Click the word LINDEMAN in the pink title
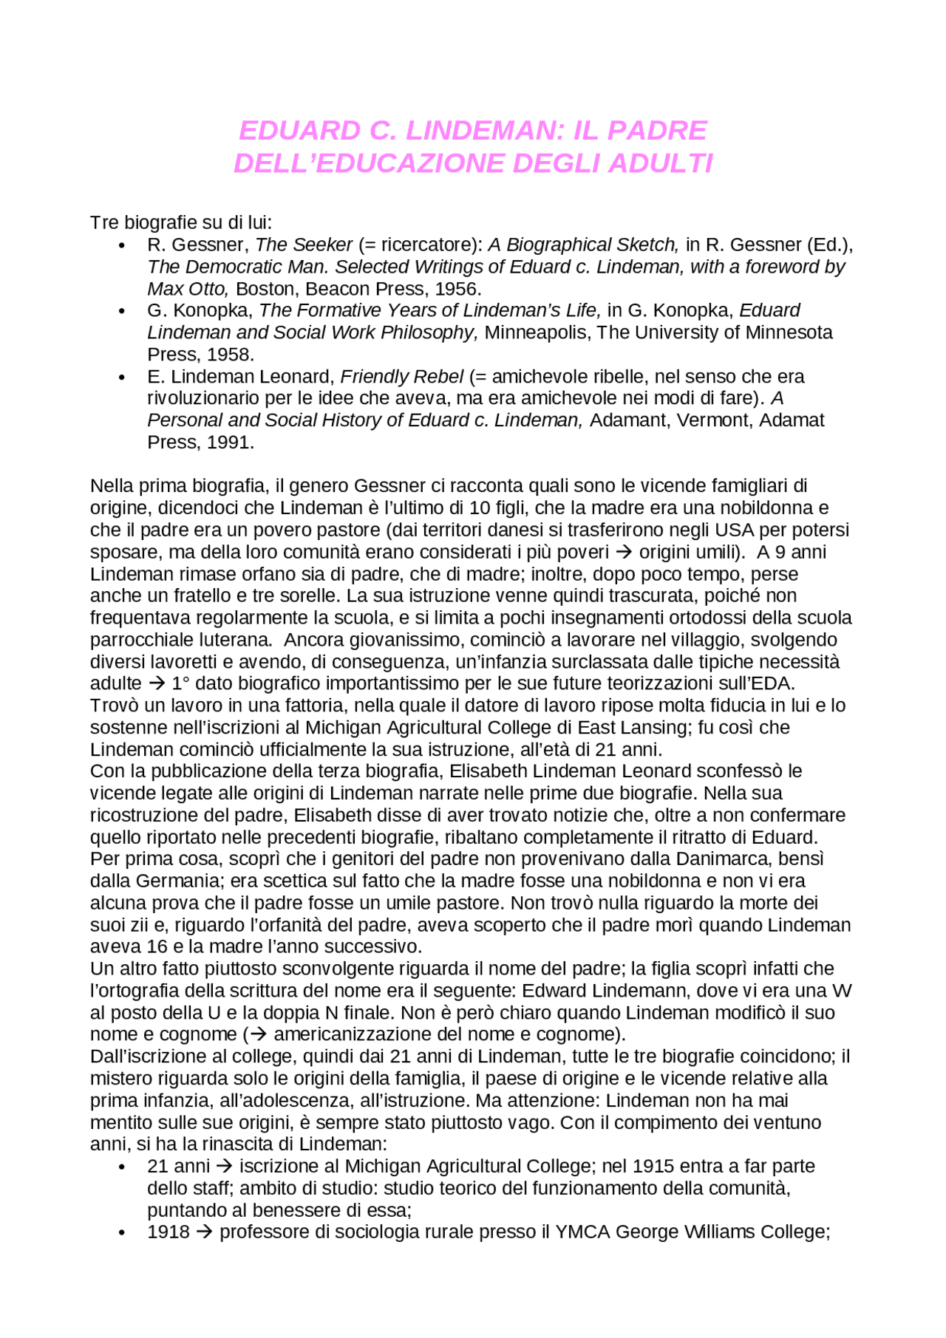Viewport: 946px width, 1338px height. click(x=480, y=131)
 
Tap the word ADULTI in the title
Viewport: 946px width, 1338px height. click(x=660, y=163)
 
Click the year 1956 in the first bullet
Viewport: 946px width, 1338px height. click(x=457, y=289)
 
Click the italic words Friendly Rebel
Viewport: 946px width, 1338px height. click(x=401, y=377)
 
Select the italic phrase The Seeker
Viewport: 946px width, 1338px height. click(x=304, y=245)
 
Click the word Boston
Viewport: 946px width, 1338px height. click(x=265, y=289)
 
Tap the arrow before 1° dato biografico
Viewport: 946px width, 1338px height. click(x=157, y=683)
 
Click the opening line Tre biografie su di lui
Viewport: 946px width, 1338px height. click(x=181, y=222)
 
